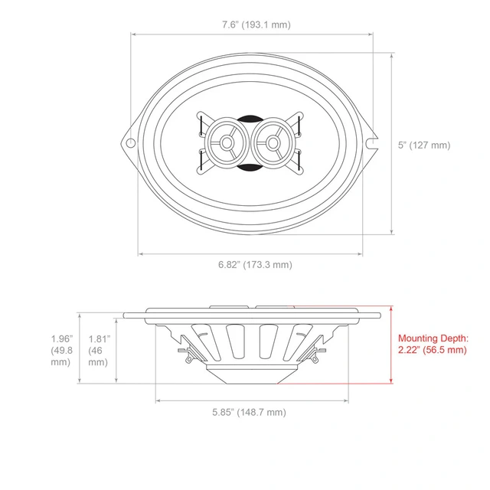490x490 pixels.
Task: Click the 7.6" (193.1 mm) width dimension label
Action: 251,24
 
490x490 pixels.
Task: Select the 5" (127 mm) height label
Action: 430,145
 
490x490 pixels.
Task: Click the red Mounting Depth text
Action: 433,344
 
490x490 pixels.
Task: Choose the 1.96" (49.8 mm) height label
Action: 61,351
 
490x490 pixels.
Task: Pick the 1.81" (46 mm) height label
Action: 98,350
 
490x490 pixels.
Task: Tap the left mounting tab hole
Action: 132,142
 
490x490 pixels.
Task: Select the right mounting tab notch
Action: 372,142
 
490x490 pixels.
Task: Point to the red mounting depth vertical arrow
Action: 391,345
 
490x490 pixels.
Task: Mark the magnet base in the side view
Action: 250,374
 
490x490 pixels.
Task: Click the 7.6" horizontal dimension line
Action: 251,34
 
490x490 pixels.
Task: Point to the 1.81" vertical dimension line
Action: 116,346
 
